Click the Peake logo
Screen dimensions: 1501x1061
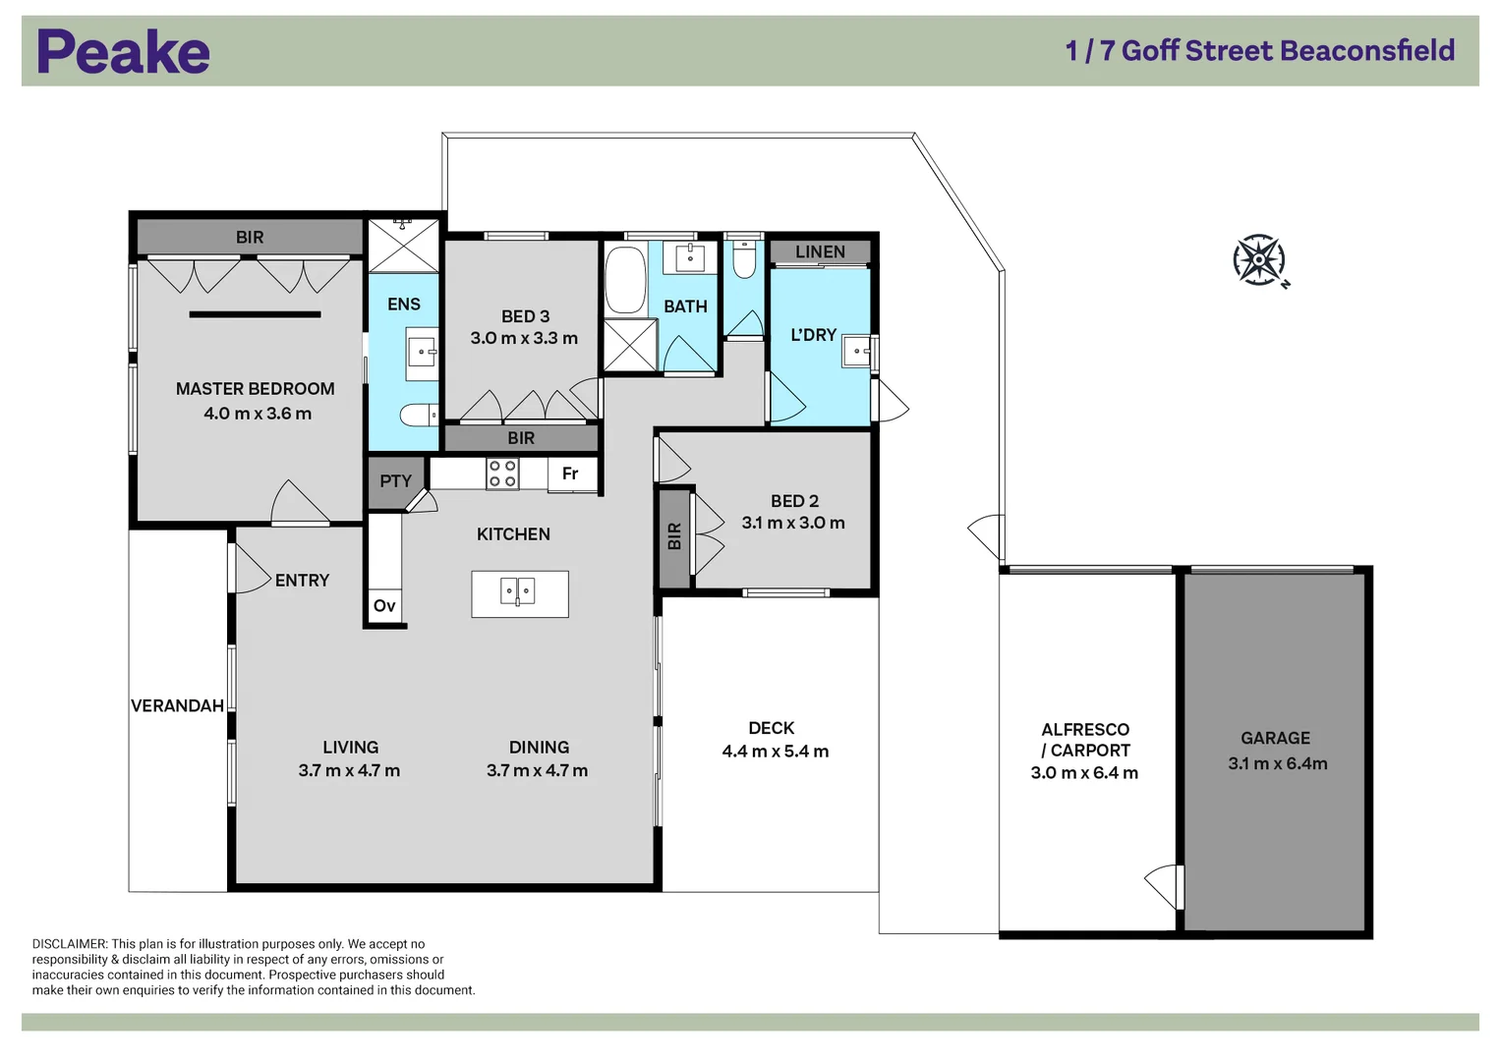coord(123,51)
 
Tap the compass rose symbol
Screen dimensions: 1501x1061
coord(1260,260)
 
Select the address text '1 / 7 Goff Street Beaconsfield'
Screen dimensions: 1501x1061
coord(1260,51)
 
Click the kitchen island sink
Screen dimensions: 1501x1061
coord(517,591)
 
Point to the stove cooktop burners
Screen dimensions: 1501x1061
coord(502,473)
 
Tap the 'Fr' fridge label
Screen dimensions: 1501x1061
coord(570,474)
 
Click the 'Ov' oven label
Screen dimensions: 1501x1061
coord(384,605)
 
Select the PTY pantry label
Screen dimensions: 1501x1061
coord(395,481)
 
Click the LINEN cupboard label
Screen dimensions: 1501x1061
coord(820,251)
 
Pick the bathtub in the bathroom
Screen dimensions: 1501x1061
coord(625,280)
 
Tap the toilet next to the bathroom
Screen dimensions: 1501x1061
coord(744,260)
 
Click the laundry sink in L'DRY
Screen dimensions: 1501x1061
coord(856,351)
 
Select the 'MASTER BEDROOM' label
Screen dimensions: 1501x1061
coord(256,388)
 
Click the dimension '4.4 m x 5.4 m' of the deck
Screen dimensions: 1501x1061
coord(776,751)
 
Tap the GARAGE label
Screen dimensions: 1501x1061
coord(1275,738)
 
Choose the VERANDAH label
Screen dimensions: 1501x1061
coord(178,705)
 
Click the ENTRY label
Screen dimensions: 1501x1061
coord(302,580)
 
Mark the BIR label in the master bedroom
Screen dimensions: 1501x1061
coord(250,237)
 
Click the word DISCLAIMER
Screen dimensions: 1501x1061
coord(69,944)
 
